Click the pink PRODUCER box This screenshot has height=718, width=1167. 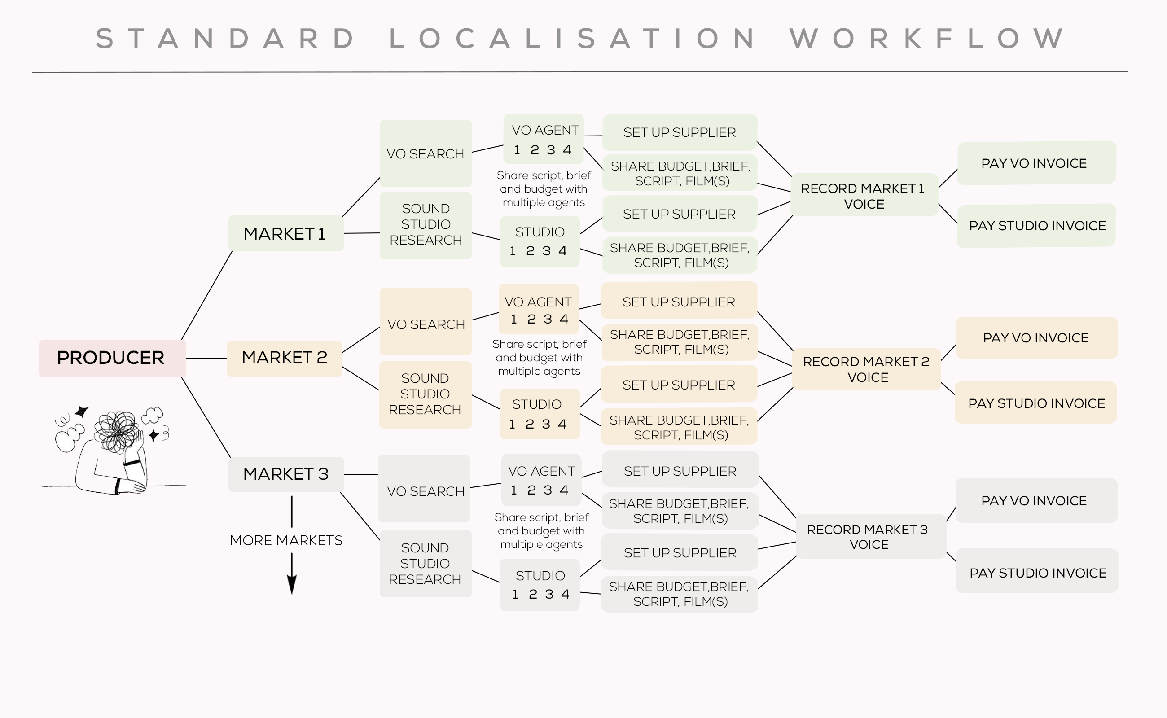tap(112, 358)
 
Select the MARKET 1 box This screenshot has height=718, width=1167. tap(285, 234)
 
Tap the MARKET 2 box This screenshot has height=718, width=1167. tap(284, 358)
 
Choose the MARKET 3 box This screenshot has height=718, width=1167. tap(285, 474)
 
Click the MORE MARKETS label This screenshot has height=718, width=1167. tap(286, 540)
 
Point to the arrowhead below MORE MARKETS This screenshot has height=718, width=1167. tap(292, 585)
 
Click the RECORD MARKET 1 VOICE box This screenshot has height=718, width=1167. tap(864, 196)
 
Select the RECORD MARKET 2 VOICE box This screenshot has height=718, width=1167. tap(866, 369)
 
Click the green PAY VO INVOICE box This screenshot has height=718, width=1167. tap(1035, 163)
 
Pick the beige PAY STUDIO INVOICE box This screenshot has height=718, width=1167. tap(1036, 403)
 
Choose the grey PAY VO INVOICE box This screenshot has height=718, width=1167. tap(1035, 500)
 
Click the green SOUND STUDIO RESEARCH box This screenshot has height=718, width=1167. tap(426, 225)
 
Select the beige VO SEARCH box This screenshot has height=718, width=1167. tap(426, 324)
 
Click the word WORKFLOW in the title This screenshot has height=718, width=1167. tap(926, 39)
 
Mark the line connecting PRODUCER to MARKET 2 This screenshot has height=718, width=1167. tap(206, 358)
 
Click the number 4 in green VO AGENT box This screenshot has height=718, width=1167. tap(566, 150)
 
